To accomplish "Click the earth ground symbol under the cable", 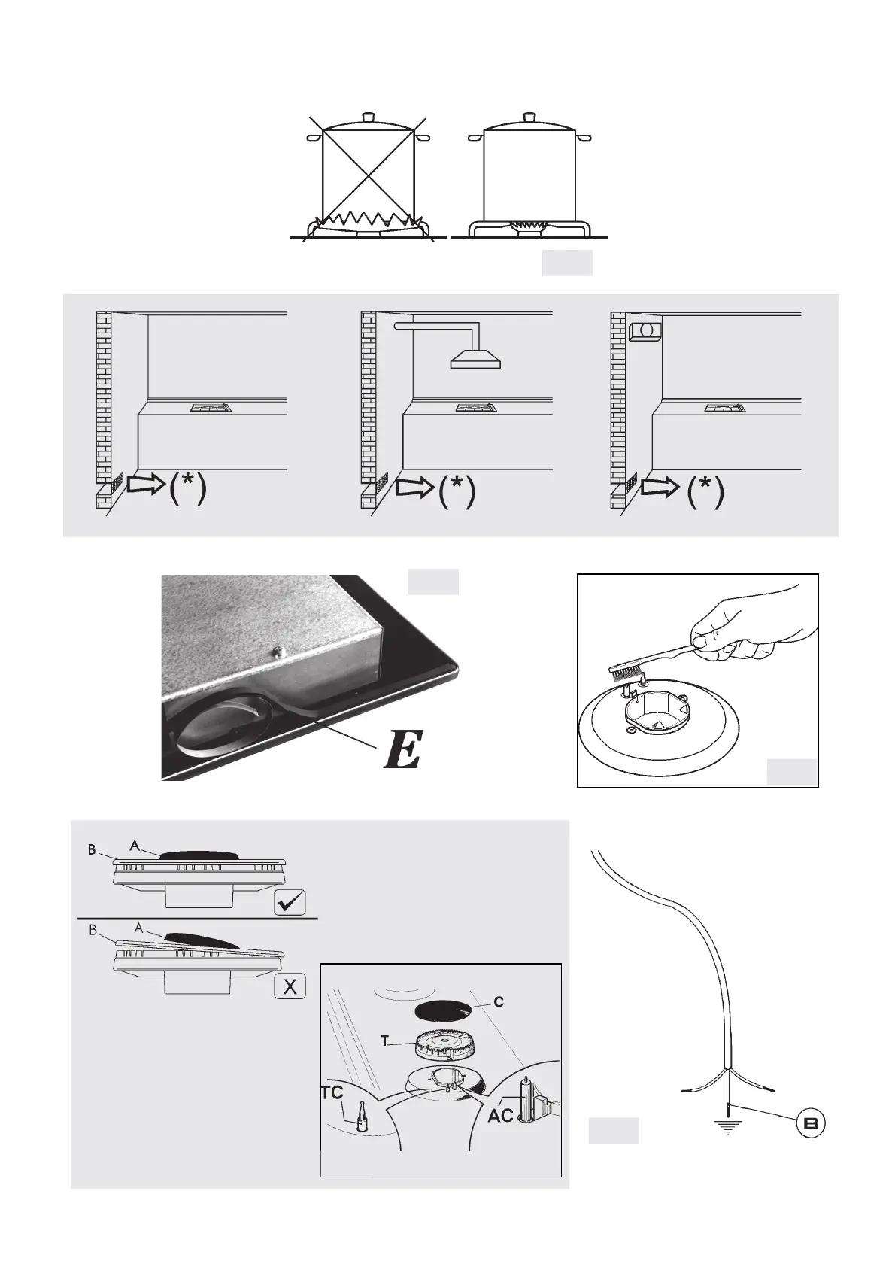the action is [x=727, y=1126].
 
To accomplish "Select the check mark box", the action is [x=290, y=901].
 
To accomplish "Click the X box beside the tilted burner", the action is [x=290, y=986].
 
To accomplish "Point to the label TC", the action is [x=332, y=1094].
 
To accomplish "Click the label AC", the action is [x=500, y=1115].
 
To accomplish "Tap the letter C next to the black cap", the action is [x=499, y=1002].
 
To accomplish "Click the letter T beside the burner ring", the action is [x=384, y=1041].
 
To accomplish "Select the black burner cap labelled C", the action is [x=443, y=1007].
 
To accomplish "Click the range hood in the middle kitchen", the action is [x=475, y=360].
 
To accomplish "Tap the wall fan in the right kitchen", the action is [x=644, y=330].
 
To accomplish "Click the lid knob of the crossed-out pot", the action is [x=368, y=117].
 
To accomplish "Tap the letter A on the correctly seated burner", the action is [x=134, y=845].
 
